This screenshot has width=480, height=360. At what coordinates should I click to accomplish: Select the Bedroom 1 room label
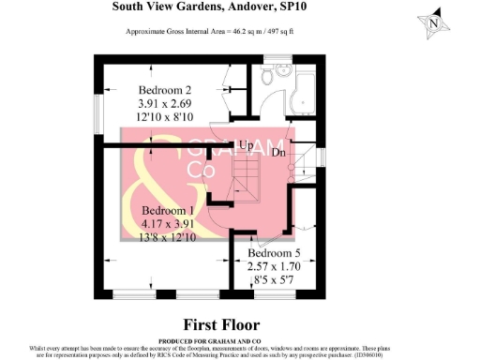pos(169,212)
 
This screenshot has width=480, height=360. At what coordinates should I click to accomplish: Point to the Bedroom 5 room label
pos(278,253)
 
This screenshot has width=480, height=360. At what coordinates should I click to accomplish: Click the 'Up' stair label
pos(245,146)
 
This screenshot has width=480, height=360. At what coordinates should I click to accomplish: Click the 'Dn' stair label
pos(278,152)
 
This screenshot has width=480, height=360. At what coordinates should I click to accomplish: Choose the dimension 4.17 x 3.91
pos(169,225)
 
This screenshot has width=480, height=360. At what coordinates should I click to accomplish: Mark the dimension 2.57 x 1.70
pos(278,266)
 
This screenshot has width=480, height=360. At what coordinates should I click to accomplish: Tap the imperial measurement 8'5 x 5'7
pos(278,279)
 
